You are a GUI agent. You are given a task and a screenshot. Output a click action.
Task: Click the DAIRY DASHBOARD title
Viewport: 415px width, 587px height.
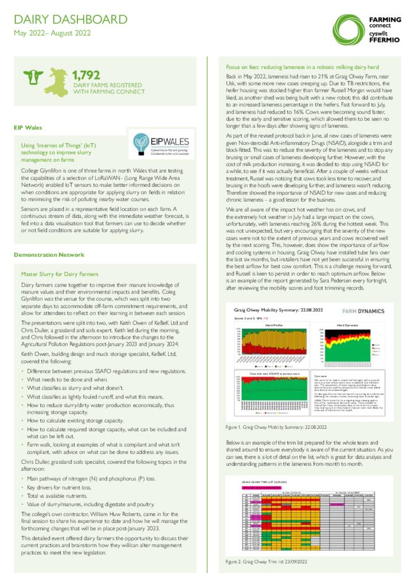point(71,19)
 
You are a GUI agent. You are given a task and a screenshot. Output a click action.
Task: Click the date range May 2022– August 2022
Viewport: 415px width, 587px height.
point(52,33)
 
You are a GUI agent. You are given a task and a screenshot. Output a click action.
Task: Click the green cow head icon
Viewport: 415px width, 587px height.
point(33,78)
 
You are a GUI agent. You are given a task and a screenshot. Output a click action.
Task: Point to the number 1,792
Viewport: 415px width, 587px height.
point(87,75)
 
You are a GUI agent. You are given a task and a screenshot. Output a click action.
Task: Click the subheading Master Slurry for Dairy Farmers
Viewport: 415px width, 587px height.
point(59,274)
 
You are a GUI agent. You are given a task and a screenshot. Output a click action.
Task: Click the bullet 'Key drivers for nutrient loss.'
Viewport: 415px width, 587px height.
point(57,487)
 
